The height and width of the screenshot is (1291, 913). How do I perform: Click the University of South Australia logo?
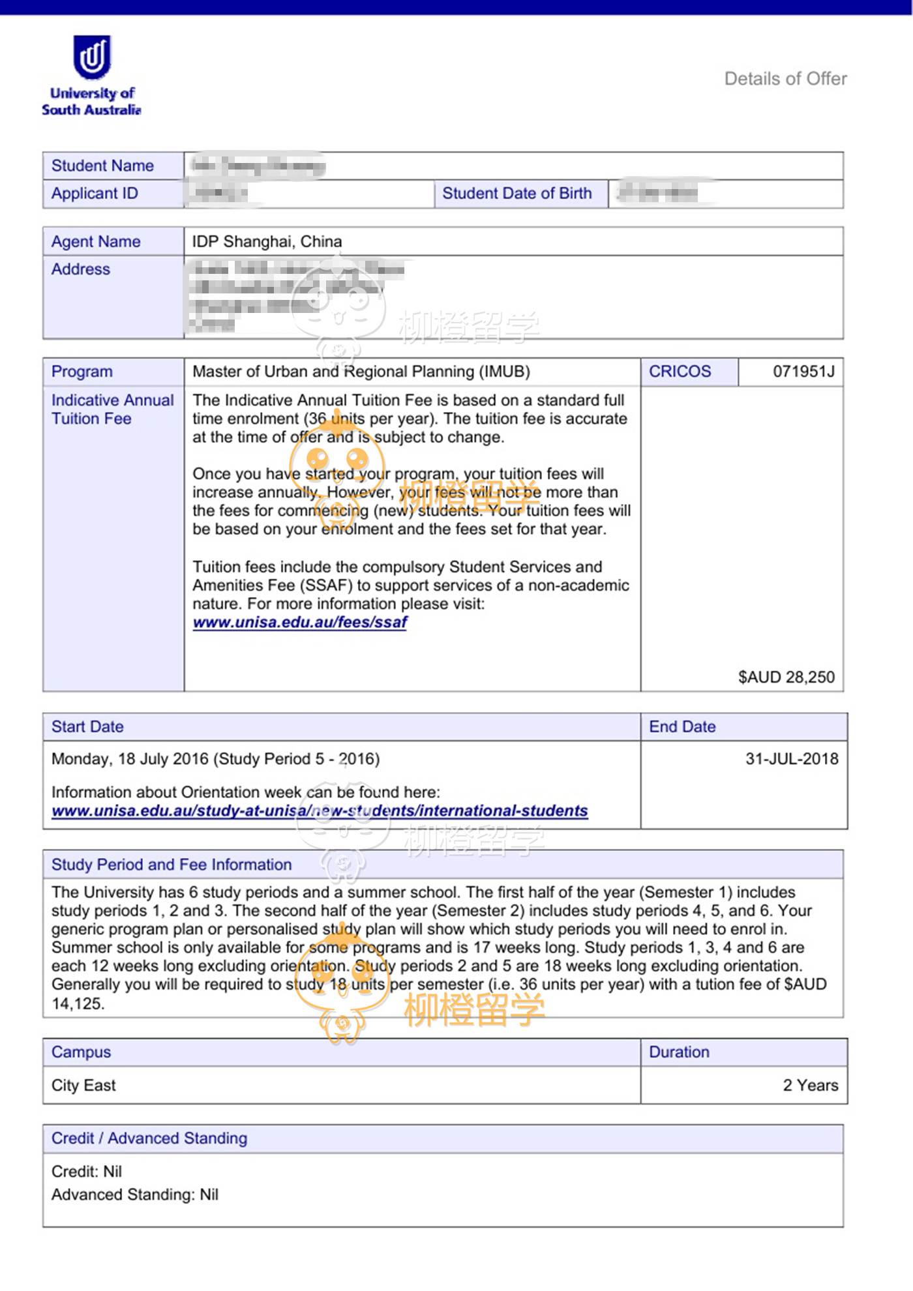tap(92, 75)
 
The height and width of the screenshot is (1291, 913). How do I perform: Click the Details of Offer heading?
tap(785, 79)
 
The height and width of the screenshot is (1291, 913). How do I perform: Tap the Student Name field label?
tap(102, 166)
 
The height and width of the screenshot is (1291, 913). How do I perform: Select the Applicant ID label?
tap(95, 194)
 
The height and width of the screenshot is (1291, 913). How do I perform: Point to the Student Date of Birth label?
tap(516, 194)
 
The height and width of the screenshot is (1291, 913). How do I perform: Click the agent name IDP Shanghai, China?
tap(267, 241)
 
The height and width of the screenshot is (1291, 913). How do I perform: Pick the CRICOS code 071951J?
tap(803, 372)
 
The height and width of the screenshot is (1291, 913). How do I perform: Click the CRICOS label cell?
tap(680, 372)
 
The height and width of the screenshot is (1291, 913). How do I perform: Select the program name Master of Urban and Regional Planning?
tap(361, 372)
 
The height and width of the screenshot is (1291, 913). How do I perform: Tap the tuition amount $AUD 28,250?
tap(786, 677)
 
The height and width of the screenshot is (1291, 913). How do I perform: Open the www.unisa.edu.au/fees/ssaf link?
tap(300, 623)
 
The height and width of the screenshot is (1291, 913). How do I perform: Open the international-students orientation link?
tap(320, 811)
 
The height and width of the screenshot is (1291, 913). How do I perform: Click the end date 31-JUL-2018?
tap(792, 759)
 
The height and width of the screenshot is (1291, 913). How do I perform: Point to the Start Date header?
tap(87, 727)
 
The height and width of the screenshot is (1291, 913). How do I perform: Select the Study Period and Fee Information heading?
tap(172, 865)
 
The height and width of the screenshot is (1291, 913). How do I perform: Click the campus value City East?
tap(83, 1086)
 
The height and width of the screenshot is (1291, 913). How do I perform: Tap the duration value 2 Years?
tap(810, 1086)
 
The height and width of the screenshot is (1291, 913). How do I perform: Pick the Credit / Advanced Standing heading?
tap(149, 1138)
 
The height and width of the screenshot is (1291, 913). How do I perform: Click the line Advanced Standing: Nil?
tap(135, 1195)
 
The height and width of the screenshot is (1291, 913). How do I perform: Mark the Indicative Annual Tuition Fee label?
tap(112, 409)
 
